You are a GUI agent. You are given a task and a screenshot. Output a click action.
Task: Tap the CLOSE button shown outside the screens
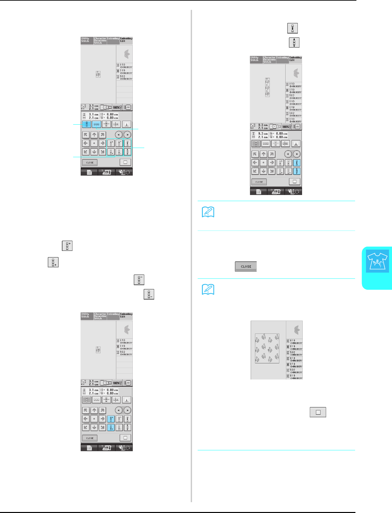[246, 266]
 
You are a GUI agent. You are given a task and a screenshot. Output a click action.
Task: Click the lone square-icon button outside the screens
[318, 412]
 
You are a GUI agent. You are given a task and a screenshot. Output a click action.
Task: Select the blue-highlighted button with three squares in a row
[97, 124]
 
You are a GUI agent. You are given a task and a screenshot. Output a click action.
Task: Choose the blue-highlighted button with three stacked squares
[86, 124]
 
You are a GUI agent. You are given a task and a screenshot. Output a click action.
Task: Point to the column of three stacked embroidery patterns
[267, 87]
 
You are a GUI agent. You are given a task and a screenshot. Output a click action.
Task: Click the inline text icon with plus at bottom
[53, 262]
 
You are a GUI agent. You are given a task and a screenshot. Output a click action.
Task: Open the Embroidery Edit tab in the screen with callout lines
[126, 40]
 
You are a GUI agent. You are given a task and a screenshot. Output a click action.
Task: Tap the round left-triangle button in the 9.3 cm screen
[288, 154]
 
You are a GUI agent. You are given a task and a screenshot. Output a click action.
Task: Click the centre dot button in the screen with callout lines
[94, 143]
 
